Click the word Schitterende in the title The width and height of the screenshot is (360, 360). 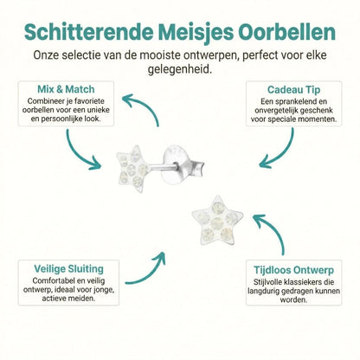(x=86, y=31)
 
